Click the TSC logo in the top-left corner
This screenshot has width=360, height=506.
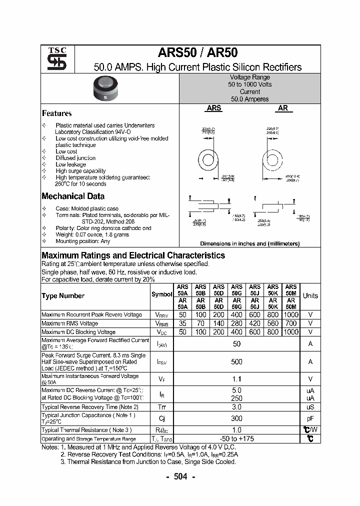click(x=53, y=59)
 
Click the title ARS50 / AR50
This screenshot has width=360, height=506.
click(x=197, y=53)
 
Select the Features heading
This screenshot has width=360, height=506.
click(x=56, y=113)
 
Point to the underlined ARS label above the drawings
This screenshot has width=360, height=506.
click(x=214, y=107)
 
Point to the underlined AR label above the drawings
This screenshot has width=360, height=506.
click(x=283, y=107)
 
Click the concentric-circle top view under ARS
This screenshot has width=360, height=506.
click(x=207, y=161)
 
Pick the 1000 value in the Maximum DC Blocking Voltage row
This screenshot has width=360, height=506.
click(x=290, y=332)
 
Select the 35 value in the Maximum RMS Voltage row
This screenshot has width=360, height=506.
click(x=182, y=323)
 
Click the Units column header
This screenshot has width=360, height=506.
click(x=310, y=295)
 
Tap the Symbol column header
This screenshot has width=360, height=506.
click(x=161, y=294)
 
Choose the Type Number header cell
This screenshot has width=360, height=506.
click(x=63, y=295)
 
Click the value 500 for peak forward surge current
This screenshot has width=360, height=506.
click(x=236, y=361)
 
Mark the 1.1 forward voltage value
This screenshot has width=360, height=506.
click(x=236, y=379)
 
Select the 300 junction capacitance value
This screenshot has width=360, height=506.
click(x=236, y=418)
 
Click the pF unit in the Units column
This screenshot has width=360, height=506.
click(x=310, y=418)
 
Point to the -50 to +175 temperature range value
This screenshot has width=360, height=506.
click(x=236, y=438)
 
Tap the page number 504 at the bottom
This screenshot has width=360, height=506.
click(x=179, y=476)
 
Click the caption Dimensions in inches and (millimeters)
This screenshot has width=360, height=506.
click(x=249, y=243)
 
